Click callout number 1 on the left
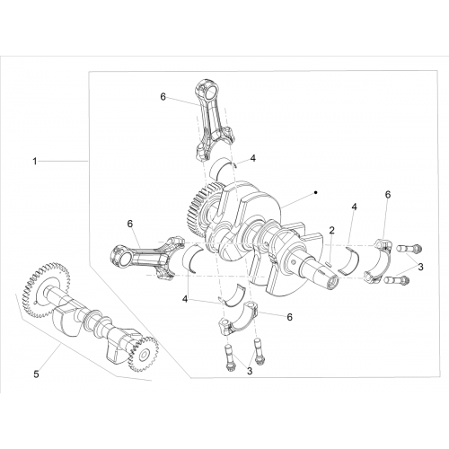tap(35, 162)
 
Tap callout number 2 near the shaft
tap(331, 230)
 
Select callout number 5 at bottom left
tap(36, 374)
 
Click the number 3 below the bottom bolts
tap(250, 371)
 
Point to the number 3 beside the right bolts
tap(420, 267)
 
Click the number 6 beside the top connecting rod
tap(163, 97)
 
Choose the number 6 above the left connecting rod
tap(130, 224)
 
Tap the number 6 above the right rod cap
tap(388, 195)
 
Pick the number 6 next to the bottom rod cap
tap(289, 317)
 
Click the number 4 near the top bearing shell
tap(253, 158)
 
